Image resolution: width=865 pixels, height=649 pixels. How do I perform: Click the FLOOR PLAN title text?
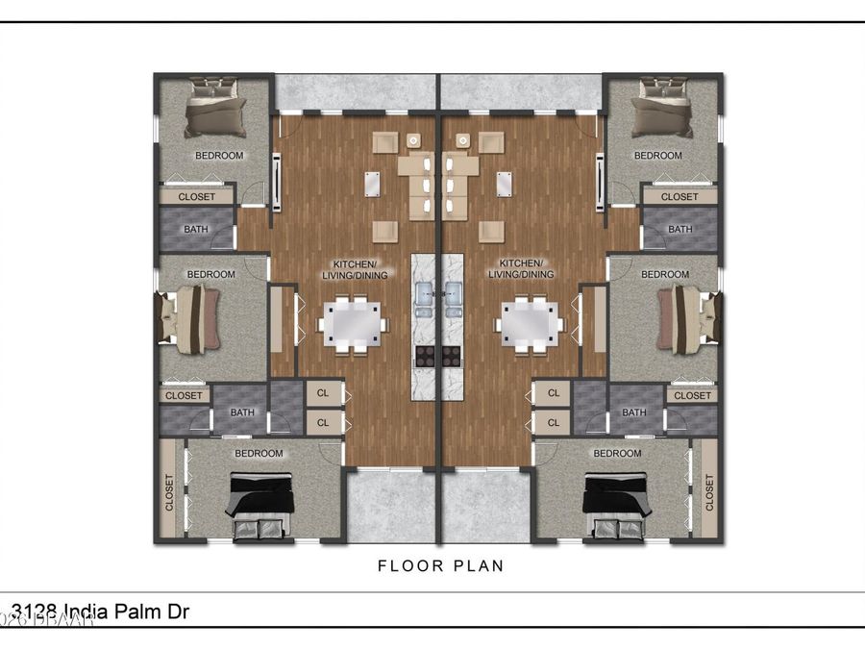pyautogui.click(x=440, y=565)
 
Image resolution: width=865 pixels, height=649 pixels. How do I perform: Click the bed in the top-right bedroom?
pyautogui.click(x=660, y=107)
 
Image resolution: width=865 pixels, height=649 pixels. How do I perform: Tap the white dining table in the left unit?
pyautogui.click(x=353, y=323)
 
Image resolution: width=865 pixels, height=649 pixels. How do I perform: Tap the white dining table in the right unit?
pyautogui.click(x=529, y=323)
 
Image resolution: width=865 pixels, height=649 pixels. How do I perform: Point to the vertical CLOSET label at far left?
pyautogui.click(x=169, y=492)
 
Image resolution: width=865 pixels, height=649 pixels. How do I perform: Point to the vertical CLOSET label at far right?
pyautogui.click(x=709, y=492)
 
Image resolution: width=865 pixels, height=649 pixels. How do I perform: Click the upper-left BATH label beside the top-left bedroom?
pyautogui.click(x=196, y=230)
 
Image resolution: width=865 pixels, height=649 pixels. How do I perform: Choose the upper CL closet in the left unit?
pyautogui.click(x=323, y=393)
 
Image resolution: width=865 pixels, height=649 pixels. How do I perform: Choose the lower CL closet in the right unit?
pyautogui.click(x=553, y=421)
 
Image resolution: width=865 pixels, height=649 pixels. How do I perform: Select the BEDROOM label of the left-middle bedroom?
pyautogui.click(x=210, y=275)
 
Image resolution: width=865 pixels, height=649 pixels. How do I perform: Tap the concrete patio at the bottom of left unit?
pyautogui.click(x=390, y=508)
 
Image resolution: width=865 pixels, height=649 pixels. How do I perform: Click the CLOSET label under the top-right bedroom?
pyautogui.click(x=680, y=197)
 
